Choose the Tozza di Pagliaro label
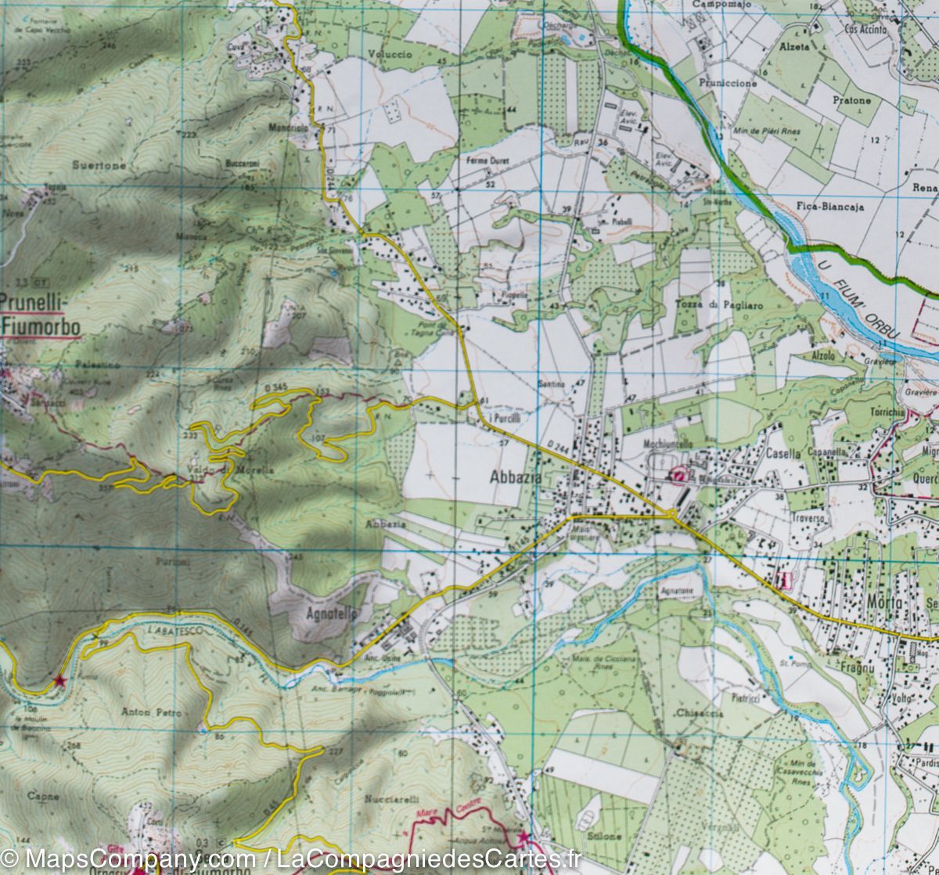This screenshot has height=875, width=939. (x=708, y=304)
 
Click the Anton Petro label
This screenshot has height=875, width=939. (x=151, y=713)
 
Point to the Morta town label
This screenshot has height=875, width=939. (x=885, y=603)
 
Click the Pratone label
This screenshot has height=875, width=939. (x=851, y=100)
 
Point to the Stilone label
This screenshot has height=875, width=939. (x=606, y=836)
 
